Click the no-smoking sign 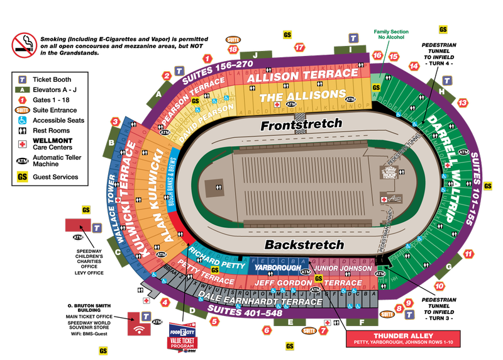[x=25, y=44]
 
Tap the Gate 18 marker [x=234, y=49]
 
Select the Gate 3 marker [x=116, y=121]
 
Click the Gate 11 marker [x=468, y=254]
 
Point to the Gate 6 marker [x=267, y=330]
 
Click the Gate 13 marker [x=463, y=103]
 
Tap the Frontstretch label [x=302, y=124]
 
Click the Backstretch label [x=304, y=244]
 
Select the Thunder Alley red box [x=403, y=339]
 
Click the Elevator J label [x=257, y=55]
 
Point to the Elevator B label [x=111, y=143]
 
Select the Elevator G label [x=448, y=267]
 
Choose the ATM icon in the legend [x=22, y=160]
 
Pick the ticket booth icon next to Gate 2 [x=179, y=71]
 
